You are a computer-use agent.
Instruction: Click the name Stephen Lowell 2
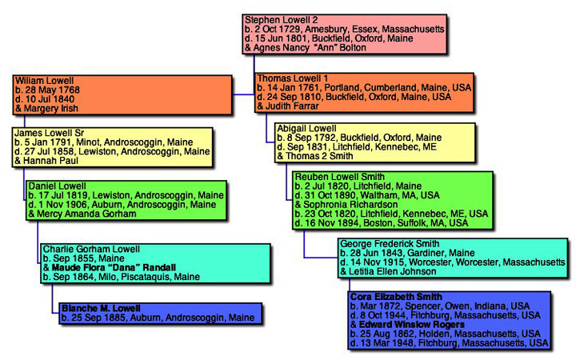[281, 20]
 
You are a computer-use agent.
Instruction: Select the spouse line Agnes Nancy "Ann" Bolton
[306, 48]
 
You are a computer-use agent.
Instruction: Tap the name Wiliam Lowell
[45, 81]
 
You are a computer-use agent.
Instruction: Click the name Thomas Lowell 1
[293, 78]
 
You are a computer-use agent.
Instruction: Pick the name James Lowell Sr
[50, 133]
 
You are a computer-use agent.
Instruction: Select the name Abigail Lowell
[306, 129]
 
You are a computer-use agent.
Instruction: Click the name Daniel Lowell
[58, 186]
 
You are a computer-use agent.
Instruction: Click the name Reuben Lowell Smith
[340, 177]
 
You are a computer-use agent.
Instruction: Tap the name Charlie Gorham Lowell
[91, 249]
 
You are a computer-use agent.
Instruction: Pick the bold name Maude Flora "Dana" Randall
[114, 267]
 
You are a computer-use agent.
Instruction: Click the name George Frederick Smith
[390, 243]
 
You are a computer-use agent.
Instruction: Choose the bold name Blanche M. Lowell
[101, 308]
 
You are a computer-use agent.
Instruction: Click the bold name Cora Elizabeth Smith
[396, 297]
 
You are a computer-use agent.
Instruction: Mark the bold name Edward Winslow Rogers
[412, 325]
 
